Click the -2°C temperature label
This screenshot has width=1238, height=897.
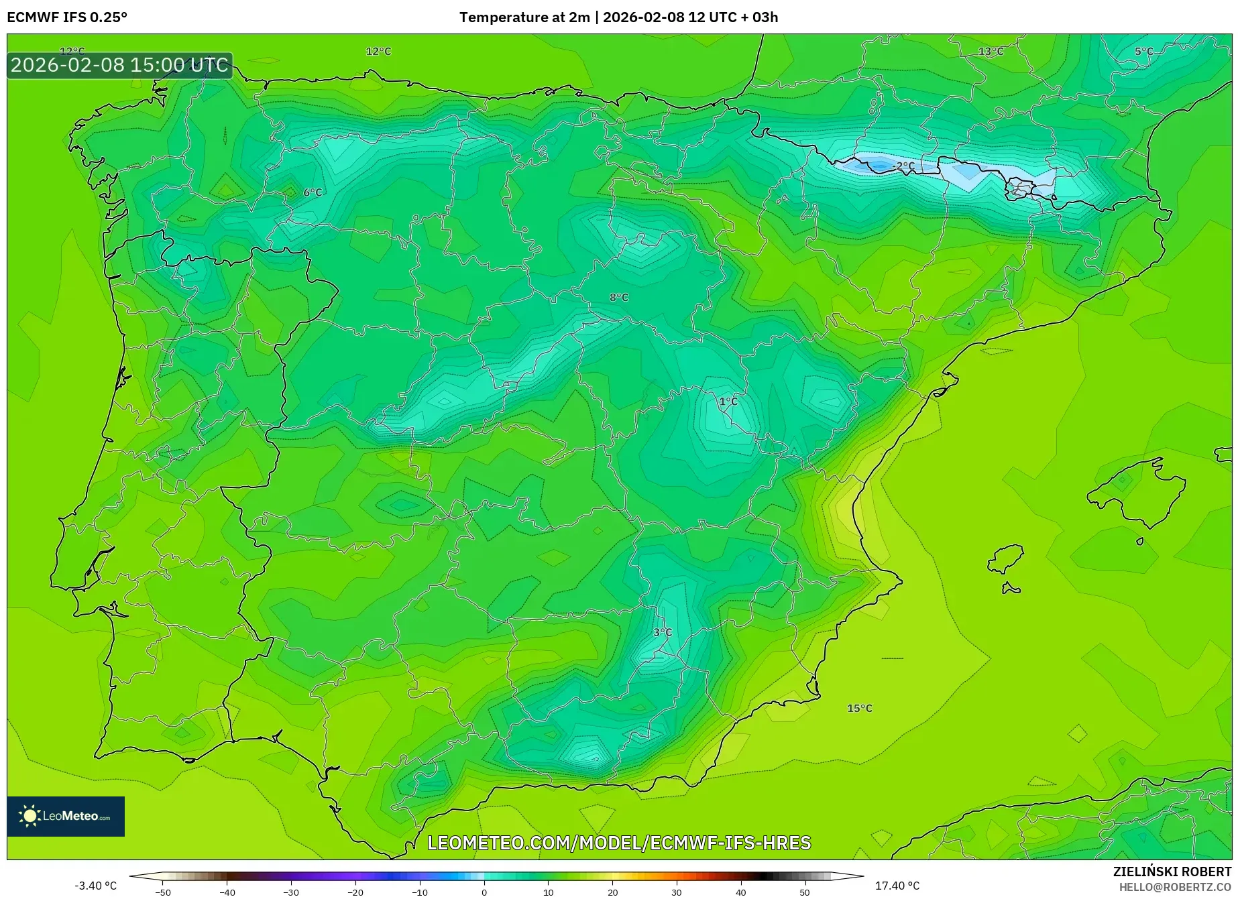click(903, 166)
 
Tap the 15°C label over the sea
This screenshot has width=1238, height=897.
click(860, 708)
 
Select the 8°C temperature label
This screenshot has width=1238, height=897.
click(619, 297)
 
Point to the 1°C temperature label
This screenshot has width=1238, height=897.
click(728, 401)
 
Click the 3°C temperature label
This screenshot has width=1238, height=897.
click(663, 632)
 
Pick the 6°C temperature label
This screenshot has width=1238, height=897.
click(313, 192)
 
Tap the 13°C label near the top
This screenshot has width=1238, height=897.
click(991, 52)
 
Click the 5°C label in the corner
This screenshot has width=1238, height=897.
click(1144, 52)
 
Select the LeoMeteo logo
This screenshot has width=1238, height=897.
click(66, 816)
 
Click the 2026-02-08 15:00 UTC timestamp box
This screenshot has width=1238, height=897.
click(120, 65)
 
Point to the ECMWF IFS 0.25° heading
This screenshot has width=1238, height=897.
click(67, 17)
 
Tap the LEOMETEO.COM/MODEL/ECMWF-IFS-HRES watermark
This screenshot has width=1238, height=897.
click(619, 843)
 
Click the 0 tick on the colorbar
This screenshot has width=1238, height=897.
click(484, 892)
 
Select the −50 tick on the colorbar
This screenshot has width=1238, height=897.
click(162, 892)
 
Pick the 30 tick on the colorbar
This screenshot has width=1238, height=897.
click(677, 892)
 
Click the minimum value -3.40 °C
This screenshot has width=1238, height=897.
click(95, 886)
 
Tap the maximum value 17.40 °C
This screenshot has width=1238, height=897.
click(897, 886)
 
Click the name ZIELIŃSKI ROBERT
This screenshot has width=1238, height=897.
click(1172, 872)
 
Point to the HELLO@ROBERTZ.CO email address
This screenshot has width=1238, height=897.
click(1175, 887)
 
